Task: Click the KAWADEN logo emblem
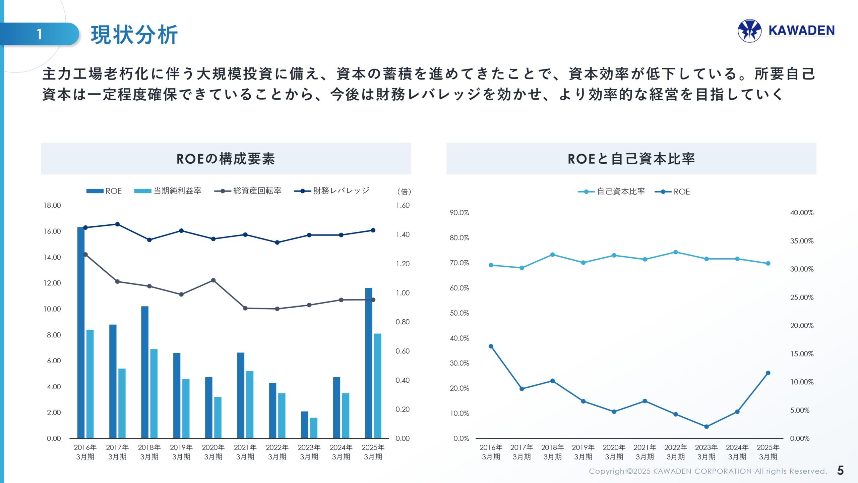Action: [749, 31]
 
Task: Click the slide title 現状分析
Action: [134, 35]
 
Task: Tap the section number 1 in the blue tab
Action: [40, 34]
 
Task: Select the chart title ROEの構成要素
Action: [226, 159]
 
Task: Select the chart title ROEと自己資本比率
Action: [631, 159]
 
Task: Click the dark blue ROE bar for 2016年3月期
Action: [81, 332]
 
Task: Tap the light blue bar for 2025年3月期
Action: [378, 386]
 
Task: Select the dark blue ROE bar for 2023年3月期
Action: [304, 425]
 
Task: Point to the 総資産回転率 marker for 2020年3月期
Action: [213, 280]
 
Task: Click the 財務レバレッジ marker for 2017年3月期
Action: [117, 224]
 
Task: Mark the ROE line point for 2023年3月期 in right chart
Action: [707, 427]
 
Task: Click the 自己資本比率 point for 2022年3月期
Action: [676, 252]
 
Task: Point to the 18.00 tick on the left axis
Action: [52, 205]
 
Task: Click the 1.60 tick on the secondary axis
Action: [403, 205]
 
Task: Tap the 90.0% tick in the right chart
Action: [459, 213]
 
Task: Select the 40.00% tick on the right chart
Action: [802, 213]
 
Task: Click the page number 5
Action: [840, 470]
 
